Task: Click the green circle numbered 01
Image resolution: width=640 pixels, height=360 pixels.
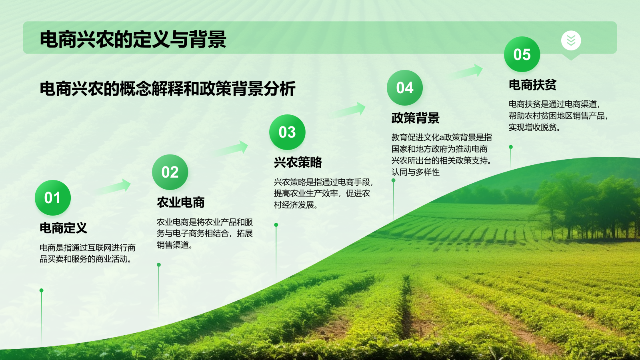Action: pyautogui.click(x=53, y=198)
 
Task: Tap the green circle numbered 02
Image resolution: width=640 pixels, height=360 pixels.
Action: pyautogui.click(x=170, y=172)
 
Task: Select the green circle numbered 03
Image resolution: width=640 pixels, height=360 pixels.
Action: pyautogui.click(x=287, y=132)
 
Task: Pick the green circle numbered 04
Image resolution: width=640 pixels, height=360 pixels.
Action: pyautogui.click(x=405, y=88)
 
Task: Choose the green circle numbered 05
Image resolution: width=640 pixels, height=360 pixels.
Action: pyautogui.click(x=522, y=54)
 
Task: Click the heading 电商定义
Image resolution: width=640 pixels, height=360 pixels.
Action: pyautogui.click(x=63, y=228)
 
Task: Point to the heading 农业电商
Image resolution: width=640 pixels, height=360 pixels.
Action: pyautogui.click(x=180, y=202)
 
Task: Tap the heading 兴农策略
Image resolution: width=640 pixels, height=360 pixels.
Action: pyautogui.click(x=298, y=162)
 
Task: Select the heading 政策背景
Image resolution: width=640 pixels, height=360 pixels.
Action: pyautogui.click(x=415, y=118)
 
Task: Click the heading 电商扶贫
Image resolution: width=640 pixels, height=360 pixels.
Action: pyautogui.click(x=532, y=85)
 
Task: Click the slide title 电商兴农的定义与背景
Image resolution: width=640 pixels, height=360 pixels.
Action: pyautogui.click(x=133, y=40)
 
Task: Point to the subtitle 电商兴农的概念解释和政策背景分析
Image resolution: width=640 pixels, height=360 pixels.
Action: pyautogui.click(x=168, y=89)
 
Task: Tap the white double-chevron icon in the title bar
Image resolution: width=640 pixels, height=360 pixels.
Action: pyautogui.click(x=571, y=40)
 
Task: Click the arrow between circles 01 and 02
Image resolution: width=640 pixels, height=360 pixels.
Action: pyautogui.click(x=114, y=187)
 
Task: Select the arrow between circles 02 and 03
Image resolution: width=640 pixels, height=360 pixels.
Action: pyautogui.click(x=231, y=149)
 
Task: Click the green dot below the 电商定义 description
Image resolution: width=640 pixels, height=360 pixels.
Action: pyautogui.click(x=41, y=290)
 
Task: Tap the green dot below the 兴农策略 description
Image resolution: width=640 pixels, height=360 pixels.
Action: pyautogui.click(x=276, y=225)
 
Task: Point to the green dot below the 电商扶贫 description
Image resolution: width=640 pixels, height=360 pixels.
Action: pyautogui.click(x=510, y=147)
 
